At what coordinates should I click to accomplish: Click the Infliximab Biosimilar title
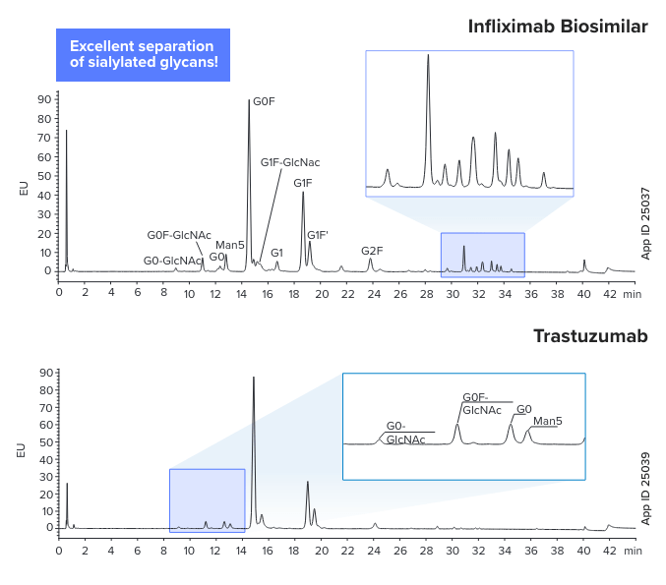558,27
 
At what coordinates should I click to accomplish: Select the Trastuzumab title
590,336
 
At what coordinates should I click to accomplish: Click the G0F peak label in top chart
264,101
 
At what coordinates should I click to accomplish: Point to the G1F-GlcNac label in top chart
290,162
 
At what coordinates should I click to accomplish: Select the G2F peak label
372,251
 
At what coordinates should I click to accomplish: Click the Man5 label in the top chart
229,245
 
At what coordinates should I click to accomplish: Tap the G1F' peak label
318,235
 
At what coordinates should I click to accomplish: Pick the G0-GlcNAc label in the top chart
173,261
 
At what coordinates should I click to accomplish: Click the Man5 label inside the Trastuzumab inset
547,422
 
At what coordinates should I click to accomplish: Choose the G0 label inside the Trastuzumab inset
523,408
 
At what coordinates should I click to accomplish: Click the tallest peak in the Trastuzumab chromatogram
254,379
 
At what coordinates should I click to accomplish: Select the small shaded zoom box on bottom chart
207,499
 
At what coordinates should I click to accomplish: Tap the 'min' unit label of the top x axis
632,292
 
